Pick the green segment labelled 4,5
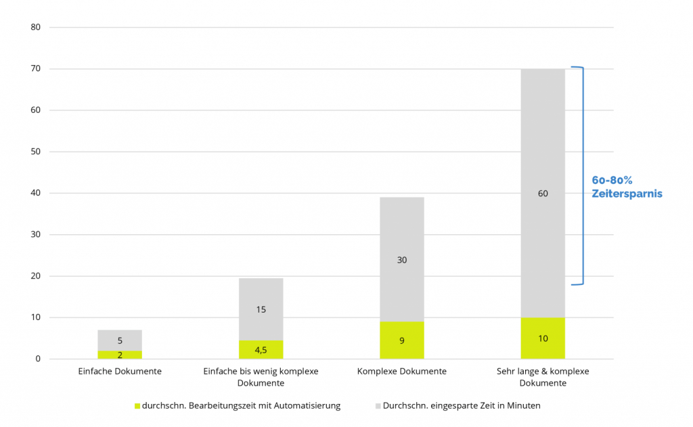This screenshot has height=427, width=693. pyautogui.click(x=261, y=350)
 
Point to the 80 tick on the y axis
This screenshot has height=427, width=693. pyautogui.click(x=36, y=28)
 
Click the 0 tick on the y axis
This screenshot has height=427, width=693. pyautogui.click(x=39, y=359)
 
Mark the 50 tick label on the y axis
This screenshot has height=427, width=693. pyautogui.click(x=36, y=152)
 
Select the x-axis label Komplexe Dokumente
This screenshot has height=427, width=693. pyautogui.click(x=402, y=372)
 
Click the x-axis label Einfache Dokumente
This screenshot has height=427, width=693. pyautogui.click(x=120, y=372)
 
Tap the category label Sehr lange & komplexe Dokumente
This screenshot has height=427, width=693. pyautogui.click(x=543, y=377)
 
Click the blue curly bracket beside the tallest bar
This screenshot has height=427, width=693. pyautogui.click(x=581, y=176)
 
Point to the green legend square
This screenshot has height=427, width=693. pyautogui.click(x=137, y=406)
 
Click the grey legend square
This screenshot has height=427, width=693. pyautogui.click(x=377, y=406)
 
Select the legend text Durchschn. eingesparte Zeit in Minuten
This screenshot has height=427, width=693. pyautogui.click(x=462, y=406)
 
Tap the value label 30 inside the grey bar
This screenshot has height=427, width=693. pyautogui.click(x=402, y=260)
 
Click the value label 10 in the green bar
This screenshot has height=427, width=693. pyautogui.click(x=543, y=338)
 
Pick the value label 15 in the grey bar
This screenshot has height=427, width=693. pyautogui.click(x=261, y=310)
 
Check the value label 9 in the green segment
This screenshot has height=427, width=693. pyautogui.click(x=402, y=340)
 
